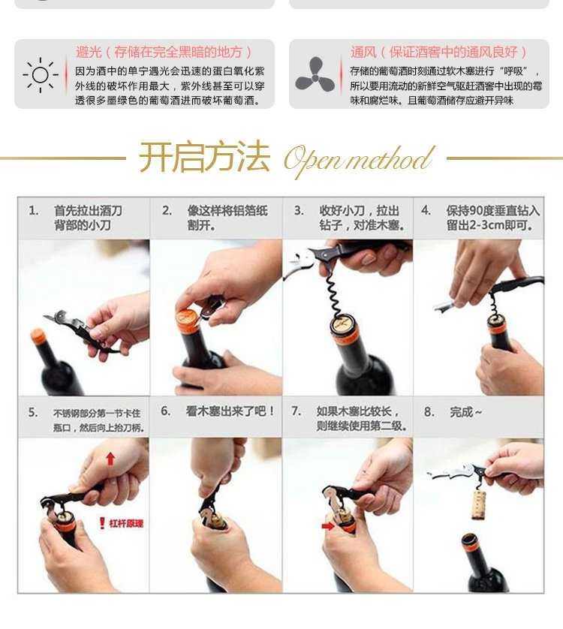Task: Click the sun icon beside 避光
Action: [39, 74]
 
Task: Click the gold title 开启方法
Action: [203, 158]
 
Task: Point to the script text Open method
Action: [359, 159]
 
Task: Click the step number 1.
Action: [34, 211]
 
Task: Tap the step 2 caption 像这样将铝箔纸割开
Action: [227, 218]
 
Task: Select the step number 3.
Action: [298, 211]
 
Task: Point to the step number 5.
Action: [33, 412]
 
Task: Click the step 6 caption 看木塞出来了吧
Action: [230, 411]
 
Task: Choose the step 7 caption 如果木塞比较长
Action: [363, 419]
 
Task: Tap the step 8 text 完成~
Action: [465, 412]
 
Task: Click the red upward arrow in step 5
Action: [110, 458]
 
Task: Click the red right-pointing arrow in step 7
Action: [327, 526]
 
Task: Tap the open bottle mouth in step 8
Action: [471, 539]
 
